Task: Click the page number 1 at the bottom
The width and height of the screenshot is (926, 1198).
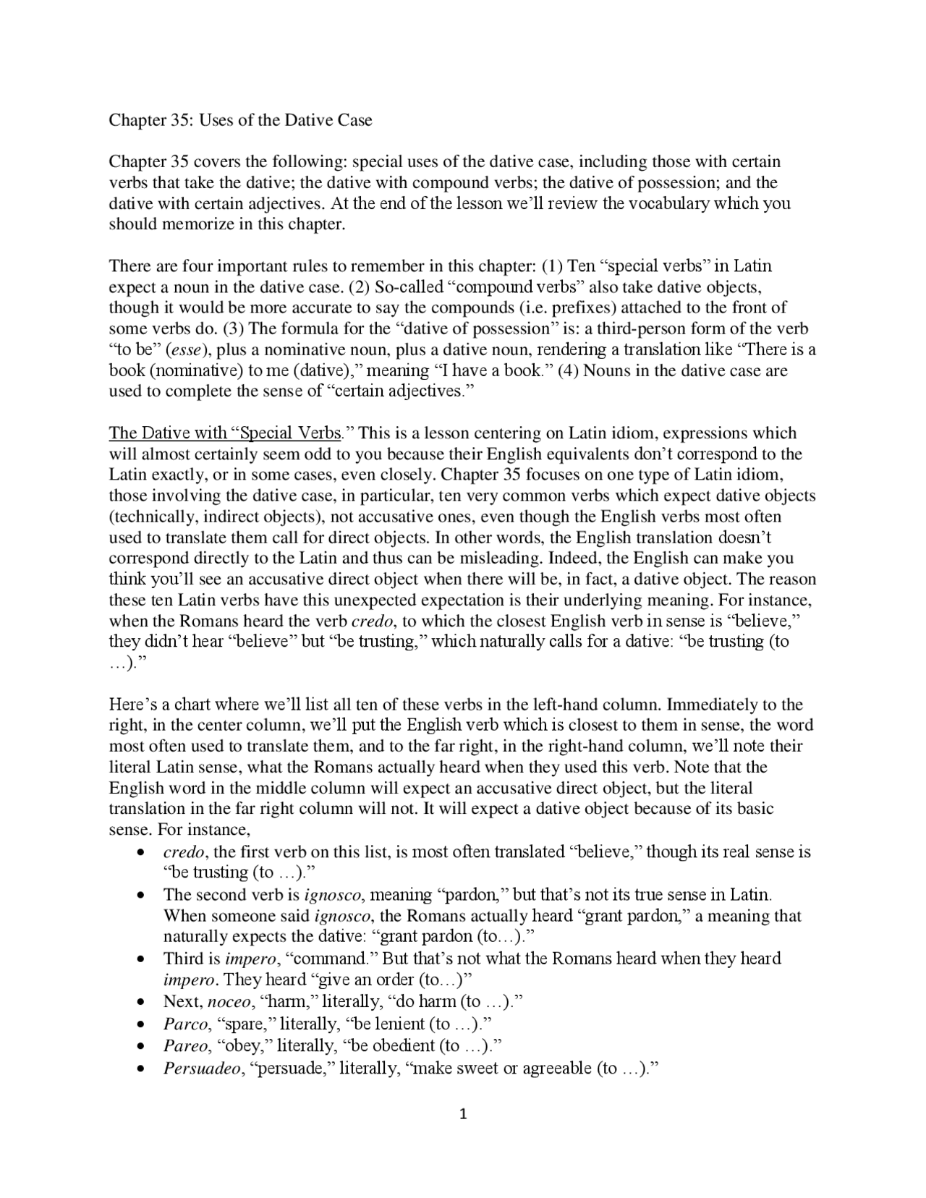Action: coord(464,1114)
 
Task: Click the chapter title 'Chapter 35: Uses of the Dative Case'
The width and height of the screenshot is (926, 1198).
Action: coord(240,120)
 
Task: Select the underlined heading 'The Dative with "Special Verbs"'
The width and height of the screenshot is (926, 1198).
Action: coord(225,433)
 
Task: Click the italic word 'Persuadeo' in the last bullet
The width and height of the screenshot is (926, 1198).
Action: coord(202,1068)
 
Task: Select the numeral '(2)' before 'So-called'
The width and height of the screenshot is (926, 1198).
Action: coord(360,287)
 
